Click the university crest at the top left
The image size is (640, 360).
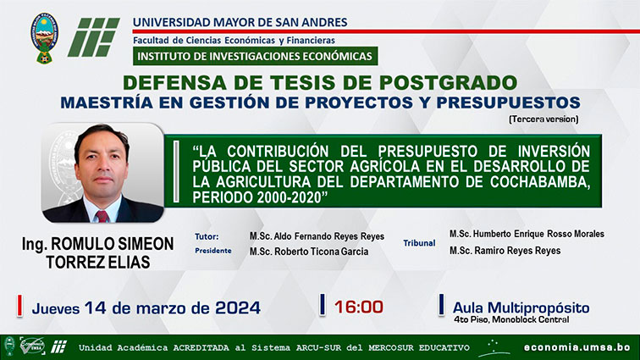(45, 37)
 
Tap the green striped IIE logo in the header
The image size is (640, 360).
(93, 37)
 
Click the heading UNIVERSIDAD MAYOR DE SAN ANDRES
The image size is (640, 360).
(240, 22)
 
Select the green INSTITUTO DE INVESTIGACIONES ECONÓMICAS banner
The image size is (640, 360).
(255, 56)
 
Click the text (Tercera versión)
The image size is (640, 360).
(543, 119)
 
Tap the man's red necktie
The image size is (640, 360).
(102, 216)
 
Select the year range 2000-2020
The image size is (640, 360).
(290, 197)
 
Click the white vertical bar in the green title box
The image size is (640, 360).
(176, 172)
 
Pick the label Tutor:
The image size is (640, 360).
(207, 236)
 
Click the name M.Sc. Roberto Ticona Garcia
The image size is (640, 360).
(309, 252)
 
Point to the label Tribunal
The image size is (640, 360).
(419, 243)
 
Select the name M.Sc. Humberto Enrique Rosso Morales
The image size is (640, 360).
(527, 234)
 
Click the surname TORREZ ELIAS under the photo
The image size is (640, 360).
(98, 262)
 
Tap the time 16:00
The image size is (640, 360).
(359, 307)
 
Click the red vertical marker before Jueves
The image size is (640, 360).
(19, 305)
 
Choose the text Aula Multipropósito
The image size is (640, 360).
(521, 307)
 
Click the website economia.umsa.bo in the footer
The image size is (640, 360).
(577, 347)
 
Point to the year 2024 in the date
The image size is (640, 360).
(238, 307)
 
